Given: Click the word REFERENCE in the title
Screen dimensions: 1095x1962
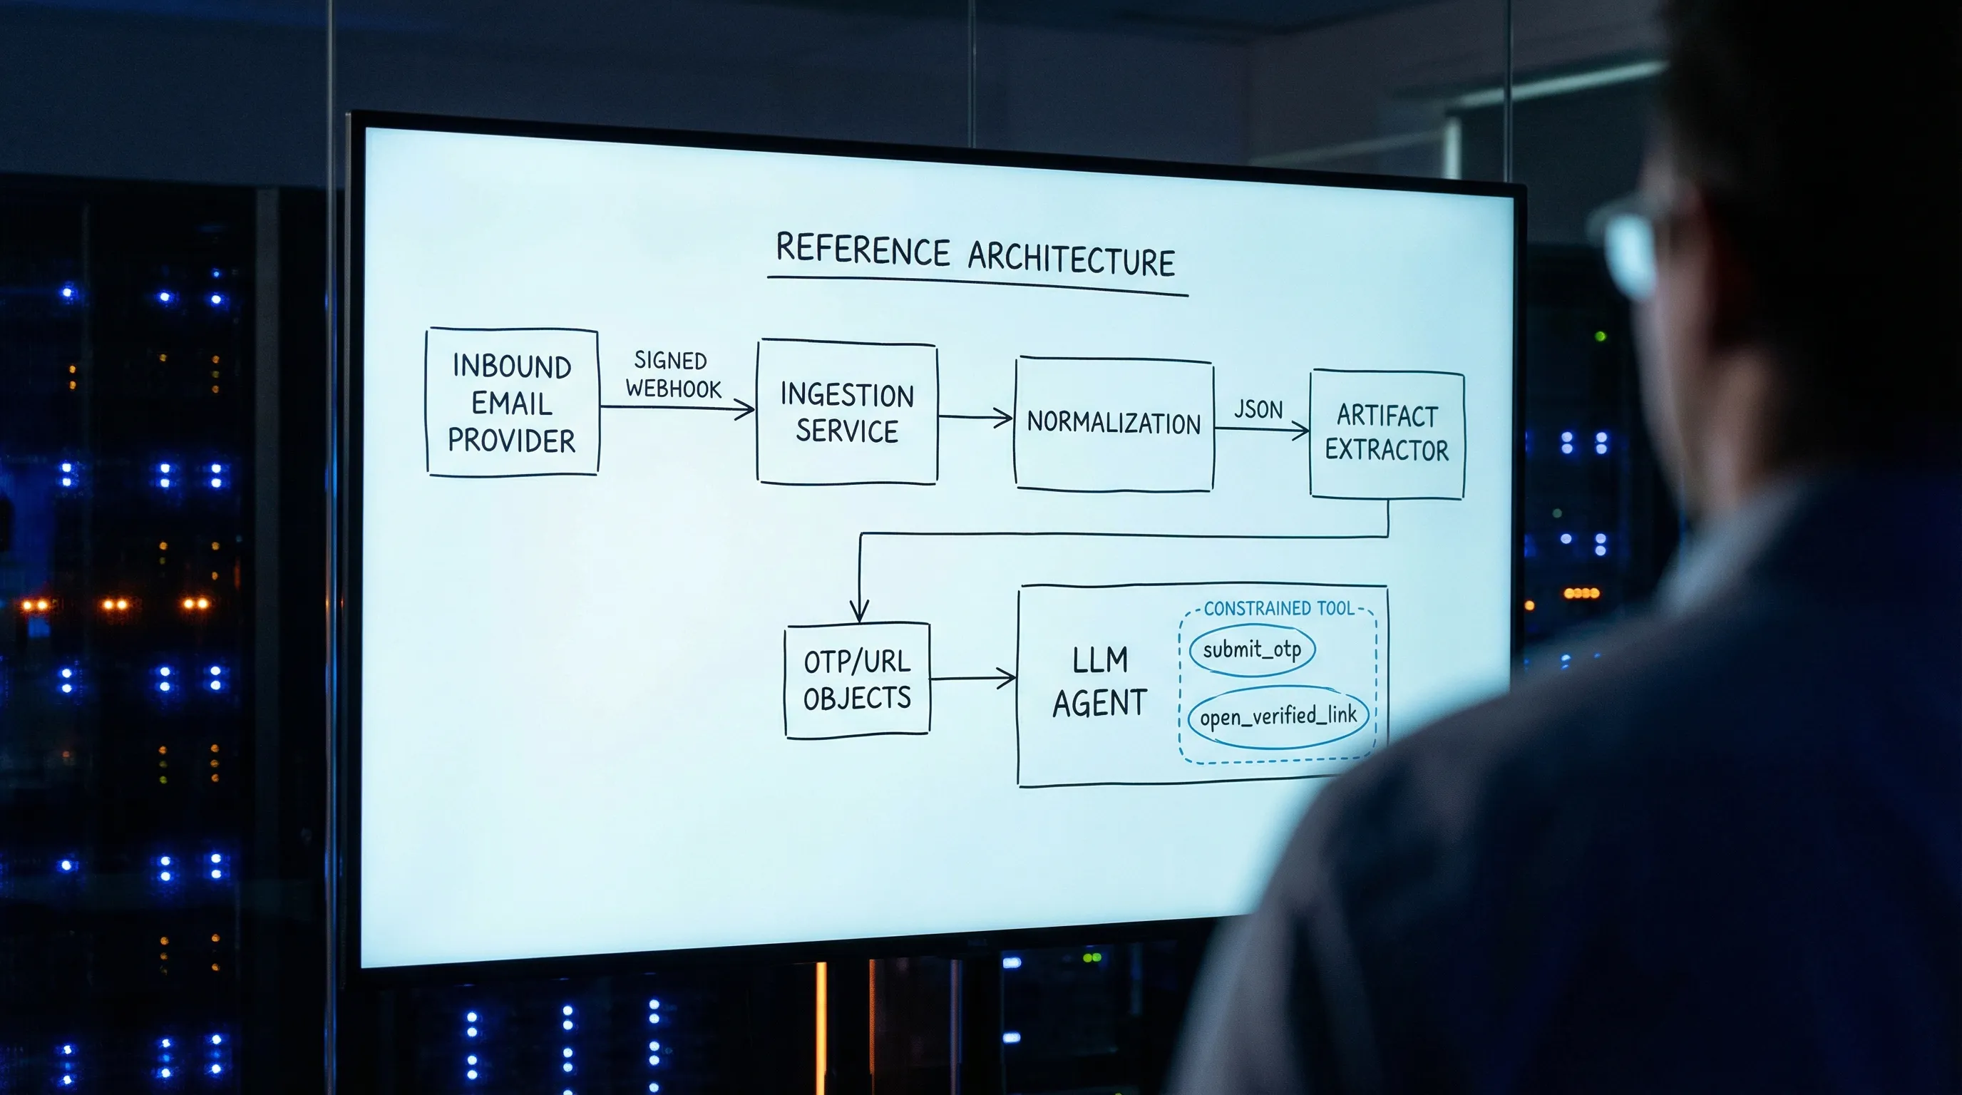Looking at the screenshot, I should (862, 250).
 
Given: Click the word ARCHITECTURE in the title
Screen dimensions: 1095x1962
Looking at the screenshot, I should (1071, 259).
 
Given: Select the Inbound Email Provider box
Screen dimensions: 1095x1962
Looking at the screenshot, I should (512, 403).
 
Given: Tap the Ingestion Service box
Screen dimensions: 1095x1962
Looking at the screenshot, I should (847, 412).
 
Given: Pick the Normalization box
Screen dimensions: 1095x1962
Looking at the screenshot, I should (1114, 423).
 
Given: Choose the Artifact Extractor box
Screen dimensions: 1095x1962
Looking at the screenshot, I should (1386, 433).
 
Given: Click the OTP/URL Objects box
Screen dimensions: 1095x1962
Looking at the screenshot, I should (857, 680).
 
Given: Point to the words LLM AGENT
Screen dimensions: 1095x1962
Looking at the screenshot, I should (1099, 682).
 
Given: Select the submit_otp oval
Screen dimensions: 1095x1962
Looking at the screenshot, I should (1252, 649).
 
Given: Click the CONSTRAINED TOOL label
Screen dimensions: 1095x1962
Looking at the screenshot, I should (1279, 608).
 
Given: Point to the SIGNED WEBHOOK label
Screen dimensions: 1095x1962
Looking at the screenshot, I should (672, 375).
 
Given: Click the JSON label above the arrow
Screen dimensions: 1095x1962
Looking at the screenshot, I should (1258, 410).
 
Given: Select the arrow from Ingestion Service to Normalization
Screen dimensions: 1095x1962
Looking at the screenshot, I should (975, 417).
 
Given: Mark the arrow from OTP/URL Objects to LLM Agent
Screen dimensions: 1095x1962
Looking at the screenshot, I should (972, 678).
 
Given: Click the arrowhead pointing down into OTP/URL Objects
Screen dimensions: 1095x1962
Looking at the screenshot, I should (860, 612).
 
